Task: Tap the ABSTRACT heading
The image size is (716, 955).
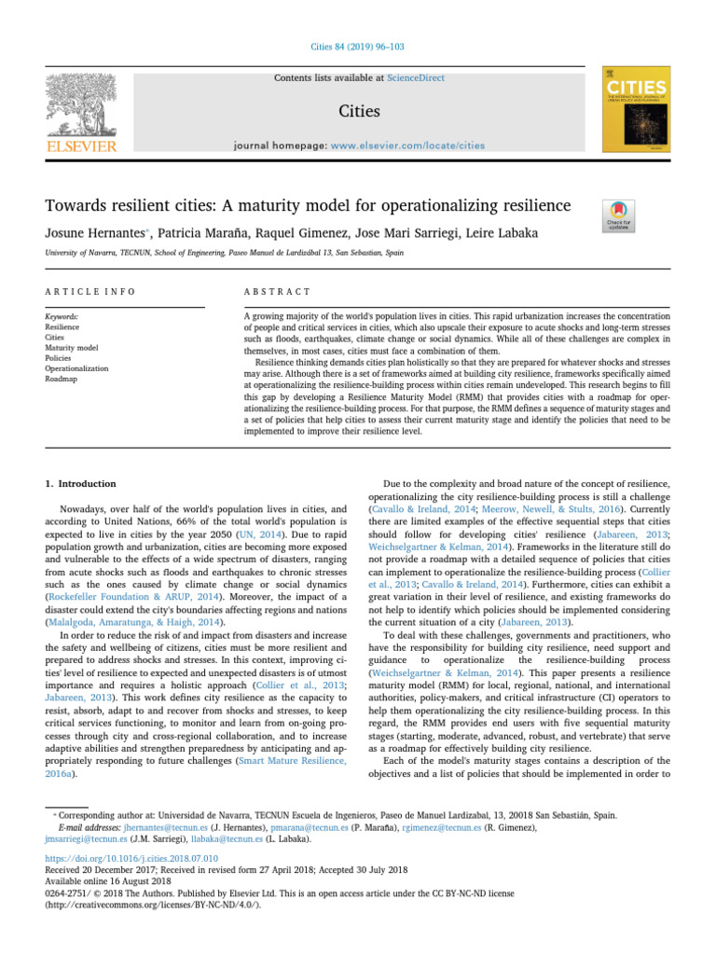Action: coord(277,291)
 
